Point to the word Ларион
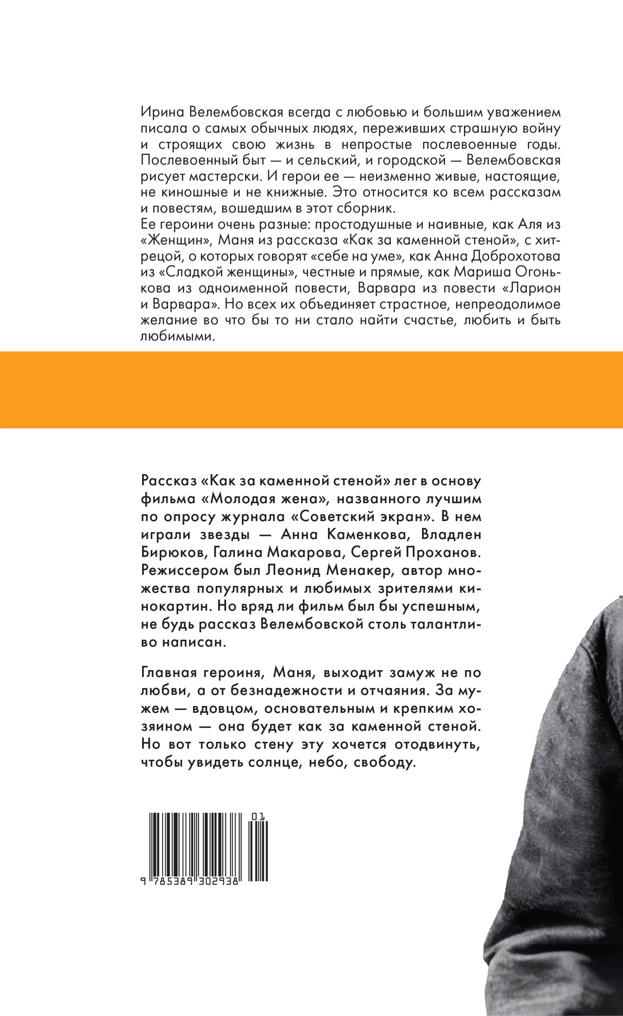[x=536, y=288]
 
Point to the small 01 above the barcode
[x=260, y=816]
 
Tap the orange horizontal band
[x=311, y=390]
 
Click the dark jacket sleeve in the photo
[x=566, y=849]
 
